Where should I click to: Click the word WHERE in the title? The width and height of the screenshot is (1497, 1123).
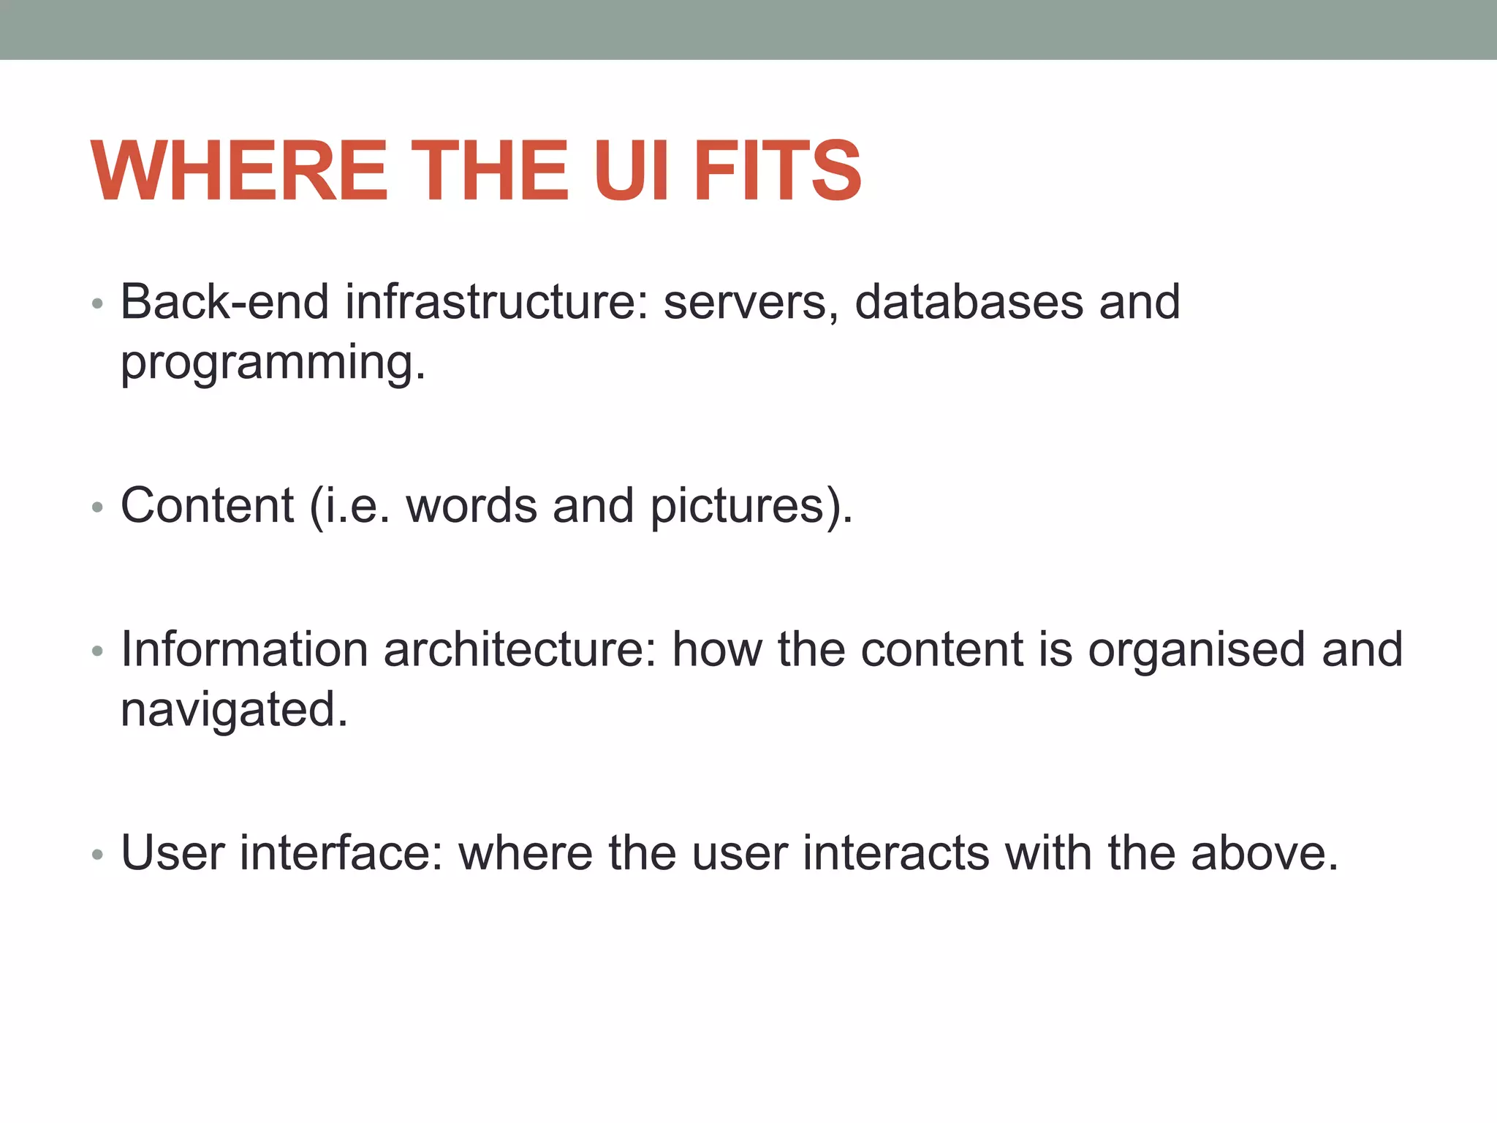(238, 171)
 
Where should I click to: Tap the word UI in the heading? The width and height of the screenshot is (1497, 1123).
(631, 171)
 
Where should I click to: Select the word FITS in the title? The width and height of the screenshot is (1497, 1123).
(777, 171)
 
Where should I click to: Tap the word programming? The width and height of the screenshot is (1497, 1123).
(272, 363)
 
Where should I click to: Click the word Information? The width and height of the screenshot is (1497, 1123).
(244, 649)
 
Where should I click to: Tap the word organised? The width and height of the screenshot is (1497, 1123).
(1196, 651)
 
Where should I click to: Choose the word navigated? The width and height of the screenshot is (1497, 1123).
(233, 709)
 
